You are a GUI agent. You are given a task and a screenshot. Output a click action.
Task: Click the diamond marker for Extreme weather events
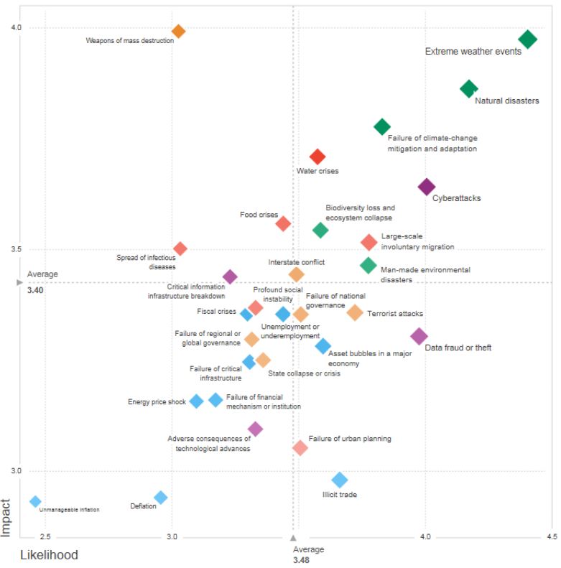coord(528,39)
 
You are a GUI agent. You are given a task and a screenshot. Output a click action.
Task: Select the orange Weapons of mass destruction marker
coord(179,31)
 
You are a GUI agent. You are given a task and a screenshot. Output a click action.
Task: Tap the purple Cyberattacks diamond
coord(427,187)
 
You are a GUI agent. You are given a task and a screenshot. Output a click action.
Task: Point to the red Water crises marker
coord(317,157)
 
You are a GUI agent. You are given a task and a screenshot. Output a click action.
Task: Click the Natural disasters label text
coord(507,101)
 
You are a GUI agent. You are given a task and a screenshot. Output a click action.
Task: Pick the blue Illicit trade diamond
coord(340,480)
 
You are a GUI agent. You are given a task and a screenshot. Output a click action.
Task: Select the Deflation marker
coord(161,498)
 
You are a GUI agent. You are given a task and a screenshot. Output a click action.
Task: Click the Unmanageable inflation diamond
coord(35,501)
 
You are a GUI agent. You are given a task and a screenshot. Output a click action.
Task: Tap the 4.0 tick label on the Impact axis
coord(16,28)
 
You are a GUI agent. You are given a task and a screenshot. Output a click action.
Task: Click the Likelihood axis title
coord(49,555)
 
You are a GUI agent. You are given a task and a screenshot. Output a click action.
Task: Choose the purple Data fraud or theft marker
coord(419,335)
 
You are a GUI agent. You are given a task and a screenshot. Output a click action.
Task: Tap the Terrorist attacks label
coord(395,314)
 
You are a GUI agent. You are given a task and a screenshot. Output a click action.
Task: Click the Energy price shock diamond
coord(196,401)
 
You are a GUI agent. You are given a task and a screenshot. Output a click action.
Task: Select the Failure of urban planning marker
coord(300,448)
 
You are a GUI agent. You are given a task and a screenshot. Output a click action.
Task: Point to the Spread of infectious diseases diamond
coord(180,248)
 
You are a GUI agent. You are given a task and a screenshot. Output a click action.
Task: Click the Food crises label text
coord(259,215)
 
